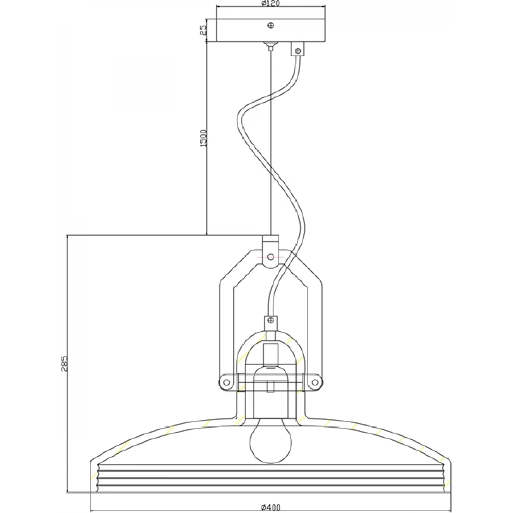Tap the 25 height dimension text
pyautogui.click(x=203, y=30)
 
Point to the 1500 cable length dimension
pyautogui.click(x=203, y=139)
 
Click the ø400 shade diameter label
pyautogui.click(x=271, y=508)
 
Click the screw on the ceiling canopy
pyautogui.click(x=271, y=25)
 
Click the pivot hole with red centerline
pyautogui.click(x=271, y=256)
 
